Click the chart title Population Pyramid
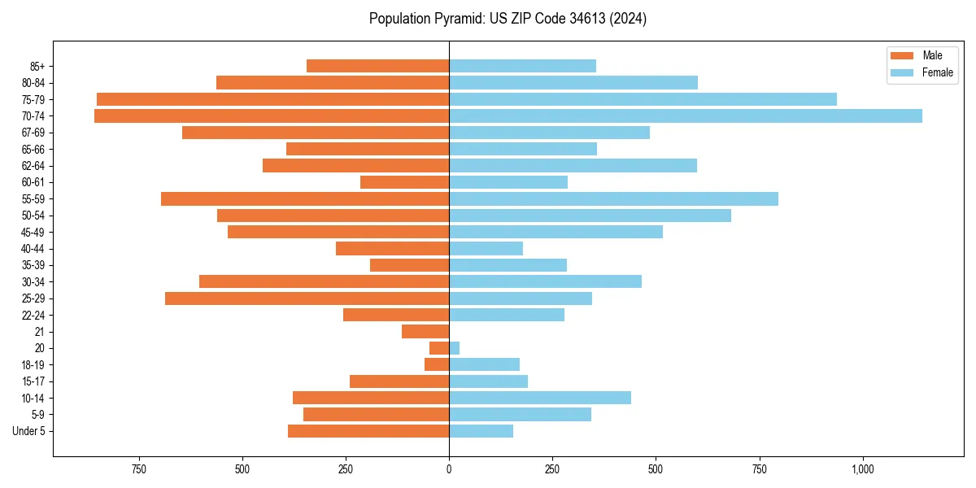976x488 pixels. click(508, 19)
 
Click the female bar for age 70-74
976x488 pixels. click(685, 116)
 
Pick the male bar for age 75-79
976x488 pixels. click(272, 99)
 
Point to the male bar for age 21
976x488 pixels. click(425, 332)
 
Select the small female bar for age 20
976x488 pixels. click(454, 348)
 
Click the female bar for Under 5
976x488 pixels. click(481, 431)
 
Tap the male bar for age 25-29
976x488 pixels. click(307, 298)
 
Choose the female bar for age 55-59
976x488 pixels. click(613, 199)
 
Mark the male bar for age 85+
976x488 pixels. click(377, 66)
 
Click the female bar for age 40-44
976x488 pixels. click(486, 249)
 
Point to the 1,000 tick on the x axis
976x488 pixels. click(862, 469)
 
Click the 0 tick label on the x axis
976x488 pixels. click(449, 469)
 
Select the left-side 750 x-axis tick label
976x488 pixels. click(138, 469)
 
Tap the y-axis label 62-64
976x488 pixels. click(33, 166)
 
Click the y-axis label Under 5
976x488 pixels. click(28, 431)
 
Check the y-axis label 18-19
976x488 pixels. click(33, 365)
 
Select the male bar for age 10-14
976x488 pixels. click(371, 398)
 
